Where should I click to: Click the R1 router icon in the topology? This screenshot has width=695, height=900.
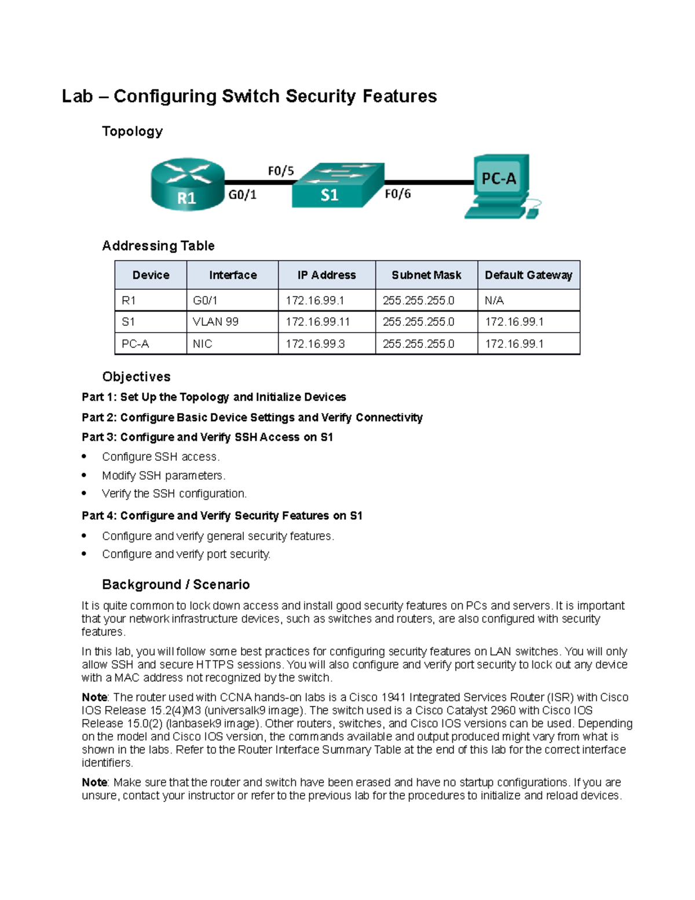coord(187,184)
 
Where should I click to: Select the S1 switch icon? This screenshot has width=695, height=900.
coord(337,185)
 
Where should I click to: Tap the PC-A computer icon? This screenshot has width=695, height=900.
coord(502,185)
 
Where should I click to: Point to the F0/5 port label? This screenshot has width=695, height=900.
coord(280,171)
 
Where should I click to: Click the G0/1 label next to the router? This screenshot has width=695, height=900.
coord(242,195)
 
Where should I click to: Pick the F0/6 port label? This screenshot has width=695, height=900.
coord(397,194)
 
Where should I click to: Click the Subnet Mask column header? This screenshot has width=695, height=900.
coord(426,275)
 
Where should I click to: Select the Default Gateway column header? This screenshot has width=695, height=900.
coord(528,275)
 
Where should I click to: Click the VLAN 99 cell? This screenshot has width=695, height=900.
coord(215,322)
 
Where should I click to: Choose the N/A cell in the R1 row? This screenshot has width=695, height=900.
coord(494,300)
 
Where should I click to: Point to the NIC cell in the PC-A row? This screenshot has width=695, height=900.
coord(202,344)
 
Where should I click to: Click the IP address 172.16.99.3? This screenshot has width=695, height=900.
coord(314,344)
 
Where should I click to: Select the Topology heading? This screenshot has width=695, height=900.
coord(132,132)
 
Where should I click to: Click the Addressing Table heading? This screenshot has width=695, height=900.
coord(158,246)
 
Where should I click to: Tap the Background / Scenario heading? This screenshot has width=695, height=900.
coord(175,584)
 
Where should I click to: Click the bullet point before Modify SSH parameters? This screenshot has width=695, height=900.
coord(85,475)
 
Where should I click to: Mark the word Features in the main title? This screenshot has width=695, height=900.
coord(400,96)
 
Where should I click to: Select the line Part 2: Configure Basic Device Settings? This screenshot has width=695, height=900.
coord(252,417)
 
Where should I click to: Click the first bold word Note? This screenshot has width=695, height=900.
coord(94,697)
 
